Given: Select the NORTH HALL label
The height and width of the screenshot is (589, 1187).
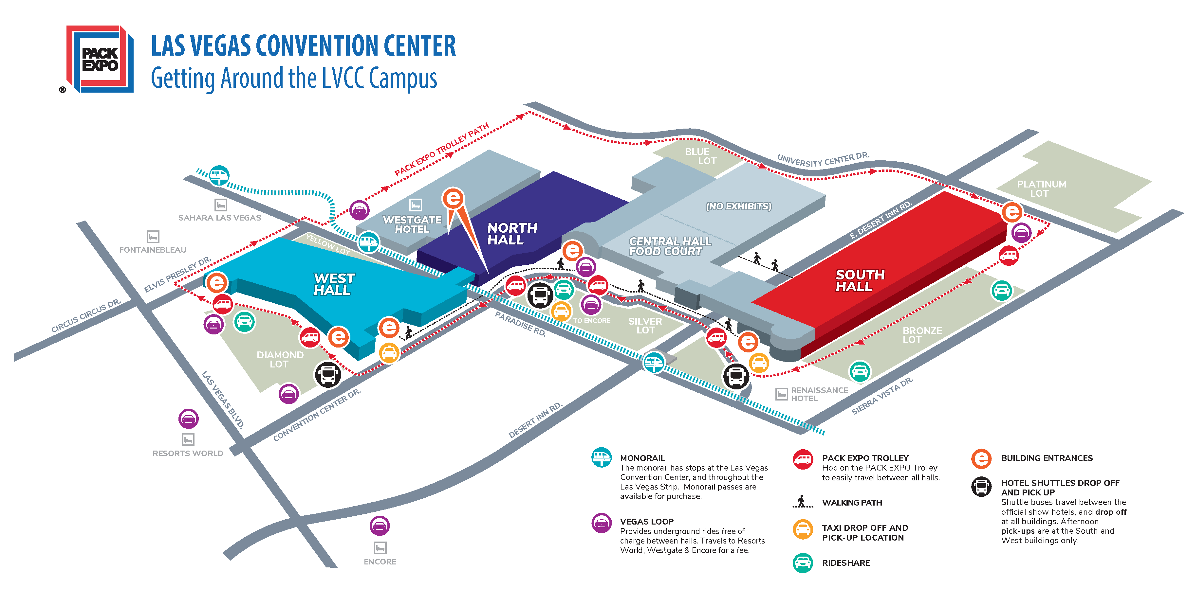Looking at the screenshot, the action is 511,234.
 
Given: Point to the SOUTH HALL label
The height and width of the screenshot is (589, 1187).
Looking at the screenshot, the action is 859,280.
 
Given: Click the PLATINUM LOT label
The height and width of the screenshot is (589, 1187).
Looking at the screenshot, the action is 1041,188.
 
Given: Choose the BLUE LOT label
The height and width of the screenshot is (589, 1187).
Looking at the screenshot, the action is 700,156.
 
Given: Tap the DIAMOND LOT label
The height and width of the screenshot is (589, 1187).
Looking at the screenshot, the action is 280,359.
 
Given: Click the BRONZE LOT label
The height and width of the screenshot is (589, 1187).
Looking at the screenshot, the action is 921,335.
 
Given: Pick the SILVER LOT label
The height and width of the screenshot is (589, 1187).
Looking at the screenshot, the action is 645,326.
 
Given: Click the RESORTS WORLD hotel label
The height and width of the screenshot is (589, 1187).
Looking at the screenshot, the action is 188,453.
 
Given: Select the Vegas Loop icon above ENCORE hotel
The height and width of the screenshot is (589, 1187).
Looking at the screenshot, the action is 380,526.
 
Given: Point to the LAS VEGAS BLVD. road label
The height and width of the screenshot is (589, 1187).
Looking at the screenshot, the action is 223,400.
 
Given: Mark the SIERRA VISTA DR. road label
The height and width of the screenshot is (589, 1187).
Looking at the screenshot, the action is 881,396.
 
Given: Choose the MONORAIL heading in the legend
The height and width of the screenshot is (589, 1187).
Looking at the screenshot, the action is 642,458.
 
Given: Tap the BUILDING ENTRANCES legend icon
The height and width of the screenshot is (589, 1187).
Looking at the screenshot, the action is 981,459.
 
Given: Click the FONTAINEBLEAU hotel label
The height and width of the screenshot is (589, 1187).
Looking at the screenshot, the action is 153,250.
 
